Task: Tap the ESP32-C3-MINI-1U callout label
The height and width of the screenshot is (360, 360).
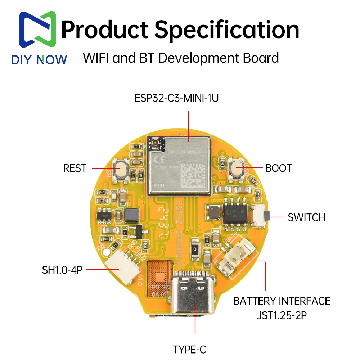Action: pyautogui.click(x=176, y=98)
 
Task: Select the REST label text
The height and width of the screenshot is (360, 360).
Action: pyautogui.click(x=75, y=168)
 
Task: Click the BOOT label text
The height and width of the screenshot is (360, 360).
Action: pyautogui.click(x=278, y=168)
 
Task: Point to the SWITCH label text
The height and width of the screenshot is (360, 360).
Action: pyautogui.click(x=306, y=217)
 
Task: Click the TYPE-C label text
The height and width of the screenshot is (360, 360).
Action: pyautogui.click(x=189, y=349)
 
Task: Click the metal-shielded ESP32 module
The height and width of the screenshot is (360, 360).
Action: pyautogui.click(x=179, y=164)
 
